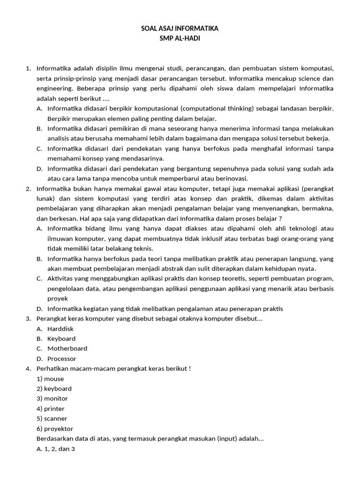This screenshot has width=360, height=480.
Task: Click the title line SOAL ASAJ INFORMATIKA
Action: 180,29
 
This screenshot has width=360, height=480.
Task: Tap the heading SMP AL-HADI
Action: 180,38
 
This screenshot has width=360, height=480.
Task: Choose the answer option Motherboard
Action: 67,348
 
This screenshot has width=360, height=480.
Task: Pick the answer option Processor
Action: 61,359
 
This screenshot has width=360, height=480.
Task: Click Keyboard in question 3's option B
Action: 61,338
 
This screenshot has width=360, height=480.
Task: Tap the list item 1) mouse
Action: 50,379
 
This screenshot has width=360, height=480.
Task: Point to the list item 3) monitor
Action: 52,398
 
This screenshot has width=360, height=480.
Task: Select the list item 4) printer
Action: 51,409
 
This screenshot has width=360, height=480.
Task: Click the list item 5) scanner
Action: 52,419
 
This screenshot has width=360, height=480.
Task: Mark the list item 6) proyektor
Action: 55,428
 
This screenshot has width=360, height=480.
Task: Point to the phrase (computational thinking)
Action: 216,108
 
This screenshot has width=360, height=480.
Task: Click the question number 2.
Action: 28,188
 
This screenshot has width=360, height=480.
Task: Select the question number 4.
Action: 28,368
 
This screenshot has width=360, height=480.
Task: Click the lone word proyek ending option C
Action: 58,299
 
